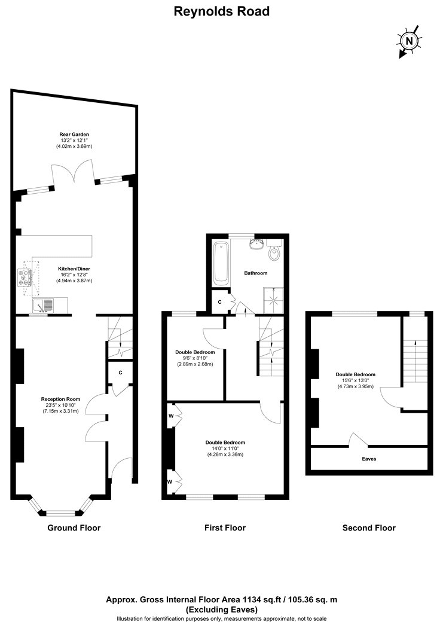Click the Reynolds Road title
point(221,11)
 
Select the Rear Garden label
point(74,135)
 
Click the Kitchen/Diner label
point(74,269)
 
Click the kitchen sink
point(43,306)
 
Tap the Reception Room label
point(60,399)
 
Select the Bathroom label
point(256,273)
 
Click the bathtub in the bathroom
point(221,263)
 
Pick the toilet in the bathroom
point(274,251)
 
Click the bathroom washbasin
point(255,244)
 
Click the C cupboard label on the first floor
point(219,302)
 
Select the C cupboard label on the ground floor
point(120,373)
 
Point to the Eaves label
point(369,459)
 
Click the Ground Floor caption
point(74,528)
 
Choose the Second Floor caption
point(369,528)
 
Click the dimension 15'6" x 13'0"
point(355,381)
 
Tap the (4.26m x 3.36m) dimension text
point(225,455)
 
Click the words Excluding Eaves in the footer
point(221,610)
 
